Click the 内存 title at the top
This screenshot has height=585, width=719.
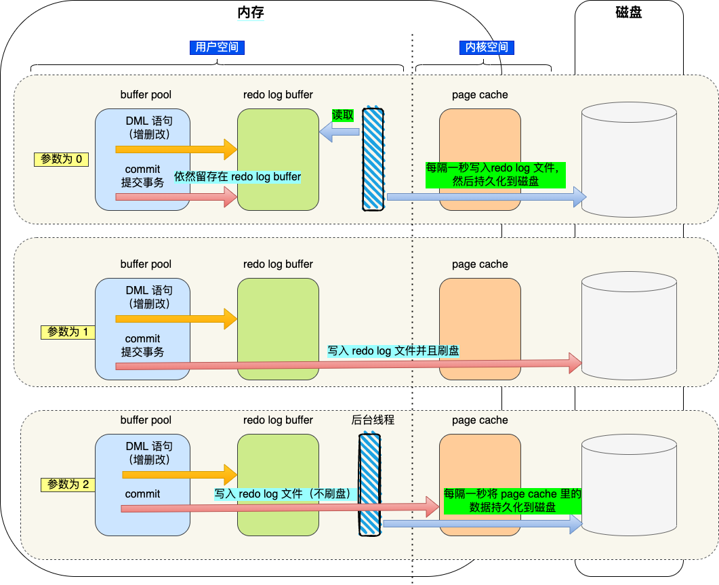coord(250,12)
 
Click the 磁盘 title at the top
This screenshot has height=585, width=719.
coord(630,12)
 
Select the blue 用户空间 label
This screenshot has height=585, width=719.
coord(217,47)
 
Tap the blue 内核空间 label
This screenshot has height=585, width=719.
coord(484,47)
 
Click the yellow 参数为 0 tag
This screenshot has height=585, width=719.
coord(62,159)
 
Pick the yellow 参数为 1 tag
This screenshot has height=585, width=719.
coord(67,332)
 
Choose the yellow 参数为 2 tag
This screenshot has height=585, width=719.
coord(67,485)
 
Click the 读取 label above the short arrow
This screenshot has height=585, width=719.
coord(343,115)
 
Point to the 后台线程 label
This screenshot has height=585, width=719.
coord(373,420)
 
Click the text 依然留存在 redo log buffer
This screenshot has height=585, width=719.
coord(238,176)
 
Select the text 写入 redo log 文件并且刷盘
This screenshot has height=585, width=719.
coord(393,351)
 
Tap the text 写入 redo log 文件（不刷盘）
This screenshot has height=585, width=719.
coord(285,494)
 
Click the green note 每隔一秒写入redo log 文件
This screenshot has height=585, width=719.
coord(495,175)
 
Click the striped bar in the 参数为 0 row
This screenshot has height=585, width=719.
coord(373,159)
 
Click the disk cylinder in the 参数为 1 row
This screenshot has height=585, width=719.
coord(630,325)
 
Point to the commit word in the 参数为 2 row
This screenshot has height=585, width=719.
coord(142,494)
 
